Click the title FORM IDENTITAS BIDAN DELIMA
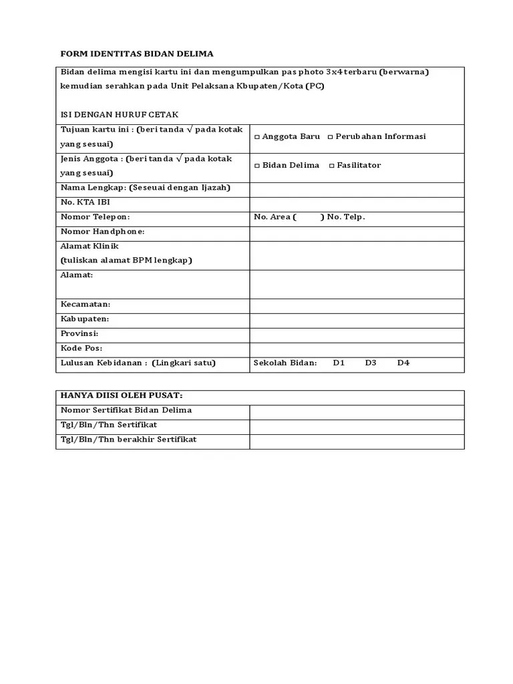point(137,53)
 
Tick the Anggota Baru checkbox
point(257,137)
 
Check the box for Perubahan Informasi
point(330,137)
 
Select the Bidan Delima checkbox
point(257,166)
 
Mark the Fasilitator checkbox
point(332,166)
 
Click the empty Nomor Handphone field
point(357,233)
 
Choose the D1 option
point(339,363)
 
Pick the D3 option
point(371,363)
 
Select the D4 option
point(403,363)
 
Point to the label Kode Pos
point(81,348)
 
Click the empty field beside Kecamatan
point(357,305)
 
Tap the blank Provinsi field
point(357,334)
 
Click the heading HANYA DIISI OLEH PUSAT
point(122,395)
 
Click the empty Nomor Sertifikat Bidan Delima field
point(357,411)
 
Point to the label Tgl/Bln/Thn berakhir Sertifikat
point(128,440)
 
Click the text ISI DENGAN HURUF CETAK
point(120,115)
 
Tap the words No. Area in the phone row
point(271,217)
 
